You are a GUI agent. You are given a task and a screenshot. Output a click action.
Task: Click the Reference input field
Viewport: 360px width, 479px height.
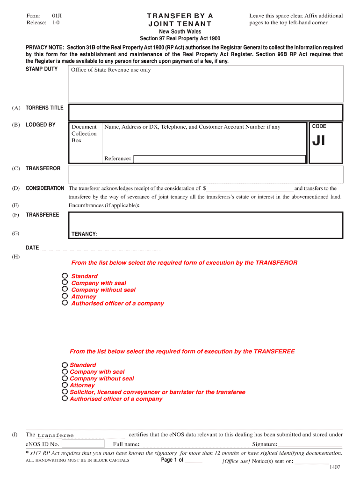pyautogui.click(x=220, y=159)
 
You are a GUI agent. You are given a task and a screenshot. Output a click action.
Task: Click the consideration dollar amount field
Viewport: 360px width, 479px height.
pyautogui.click(x=250, y=189)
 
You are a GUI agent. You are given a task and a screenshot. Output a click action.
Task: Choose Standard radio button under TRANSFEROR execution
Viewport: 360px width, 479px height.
pyautogui.click(x=65, y=276)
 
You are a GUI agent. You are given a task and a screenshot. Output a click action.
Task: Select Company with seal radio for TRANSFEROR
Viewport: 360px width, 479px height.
pyautogui.click(x=65, y=283)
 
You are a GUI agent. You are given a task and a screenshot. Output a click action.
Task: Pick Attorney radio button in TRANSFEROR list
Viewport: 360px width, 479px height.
pyautogui.click(x=65, y=296)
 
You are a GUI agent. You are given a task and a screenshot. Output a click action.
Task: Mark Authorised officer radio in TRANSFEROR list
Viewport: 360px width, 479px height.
pyautogui.click(x=65, y=303)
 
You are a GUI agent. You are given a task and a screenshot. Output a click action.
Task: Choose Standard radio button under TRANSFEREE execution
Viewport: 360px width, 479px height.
pyautogui.click(x=65, y=365)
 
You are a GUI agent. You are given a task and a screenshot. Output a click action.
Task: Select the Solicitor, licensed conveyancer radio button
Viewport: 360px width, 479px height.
pyautogui.click(x=65, y=392)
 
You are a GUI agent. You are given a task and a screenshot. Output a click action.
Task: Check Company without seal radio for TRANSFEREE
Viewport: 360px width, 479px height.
pyautogui.click(x=65, y=378)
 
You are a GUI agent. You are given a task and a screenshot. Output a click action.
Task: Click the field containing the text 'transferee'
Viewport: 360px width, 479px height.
pyautogui.click(x=80, y=435)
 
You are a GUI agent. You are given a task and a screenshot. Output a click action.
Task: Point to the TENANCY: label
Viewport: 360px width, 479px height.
pyautogui.click(x=84, y=234)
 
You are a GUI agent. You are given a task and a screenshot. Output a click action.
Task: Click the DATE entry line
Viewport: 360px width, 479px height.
pyautogui.click(x=100, y=248)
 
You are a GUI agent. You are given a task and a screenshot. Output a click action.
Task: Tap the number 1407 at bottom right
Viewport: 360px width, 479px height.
pyautogui.click(x=335, y=467)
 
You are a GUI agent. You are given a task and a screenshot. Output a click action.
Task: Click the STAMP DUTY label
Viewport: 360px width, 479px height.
pyautogui.click(x=42, y=69)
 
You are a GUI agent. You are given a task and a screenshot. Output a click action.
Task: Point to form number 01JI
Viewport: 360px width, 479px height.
pyautogui.click(x=57, y=16)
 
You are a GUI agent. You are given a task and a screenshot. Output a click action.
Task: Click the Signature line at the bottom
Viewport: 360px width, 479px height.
pyautogui.click(x=310, y=444)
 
